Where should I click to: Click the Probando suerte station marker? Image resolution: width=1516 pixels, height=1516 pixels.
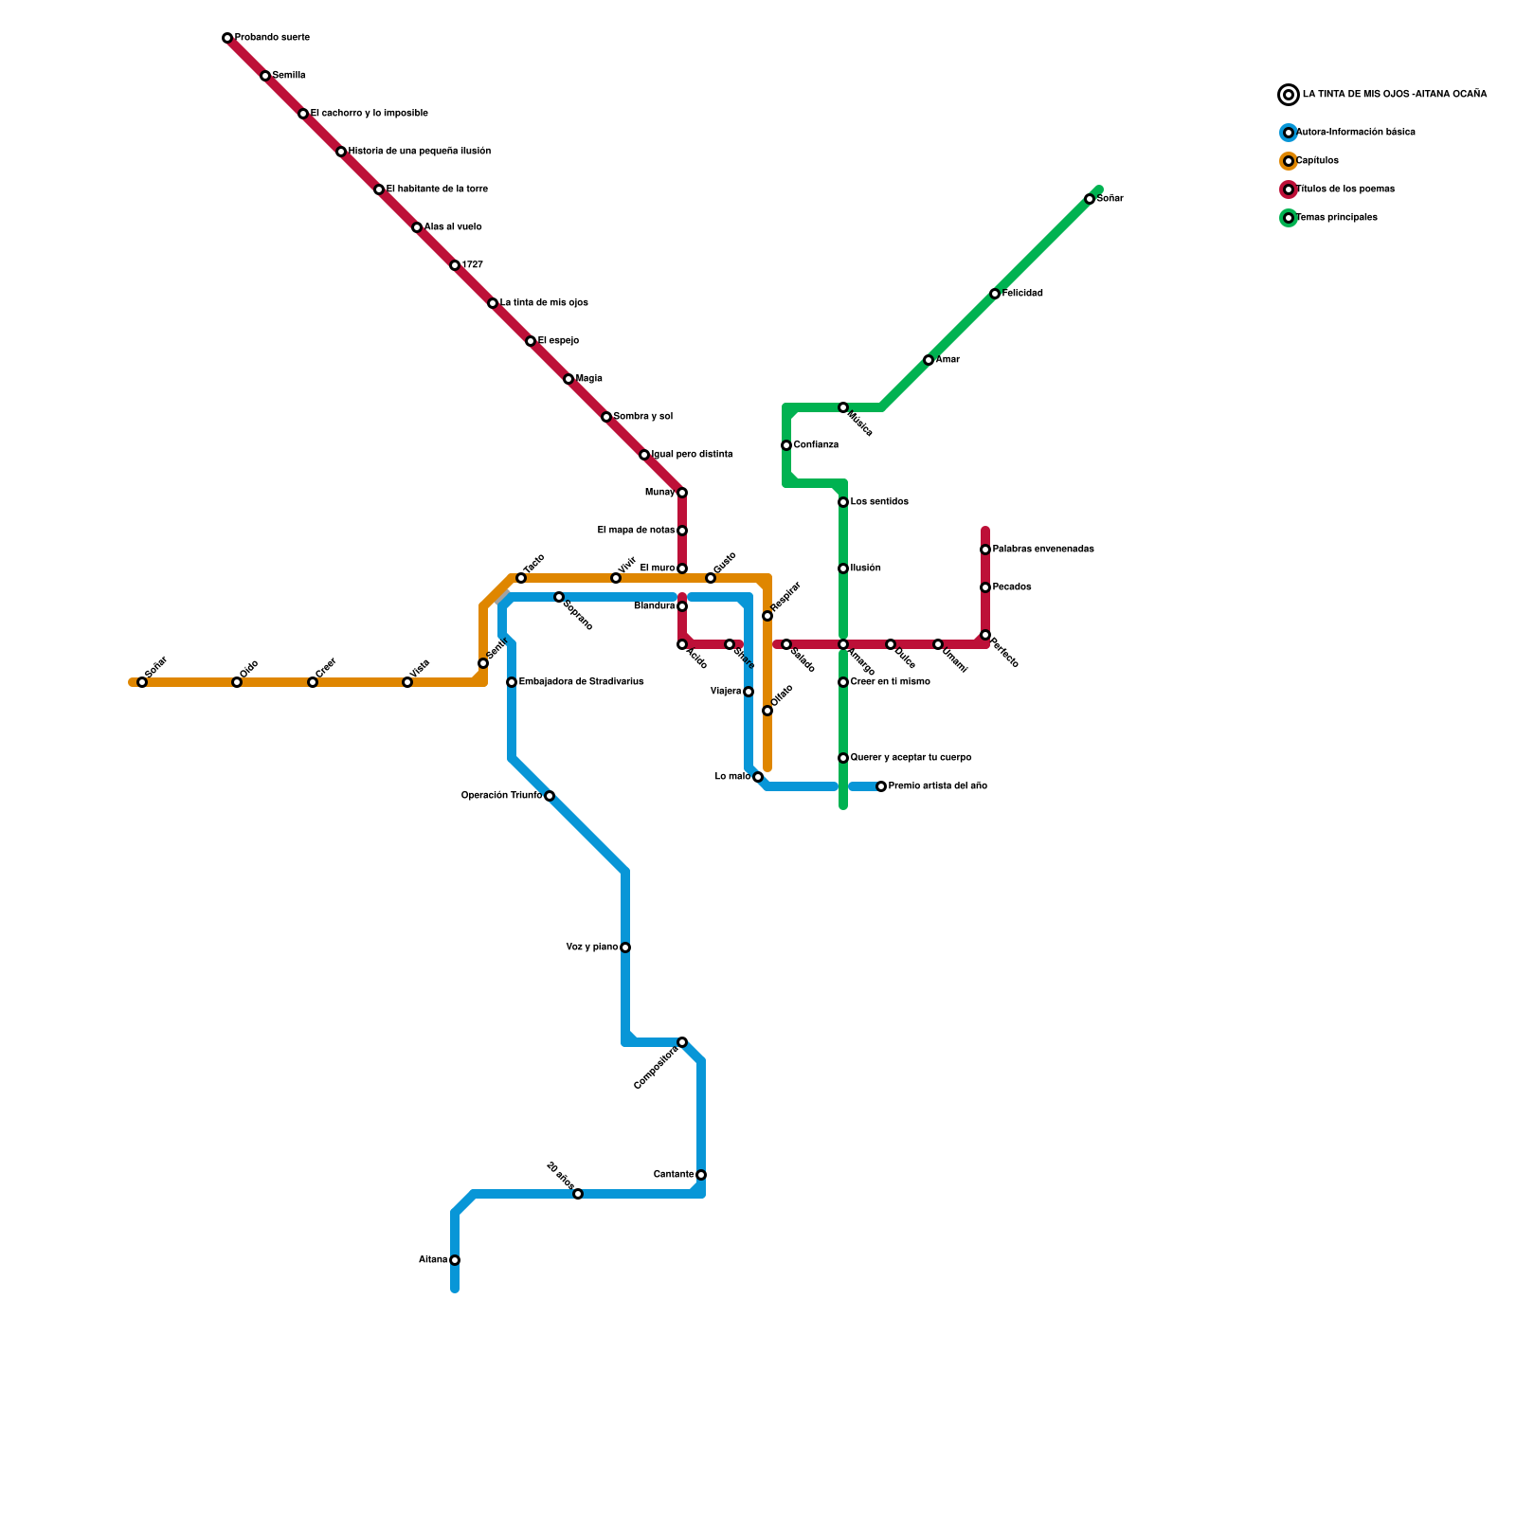point(227,38)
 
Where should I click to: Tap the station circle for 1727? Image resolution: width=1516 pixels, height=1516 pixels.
point(455,265)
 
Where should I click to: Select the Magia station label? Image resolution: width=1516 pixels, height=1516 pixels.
point(589,379)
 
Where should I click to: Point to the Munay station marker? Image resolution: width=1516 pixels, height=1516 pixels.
point(682,493)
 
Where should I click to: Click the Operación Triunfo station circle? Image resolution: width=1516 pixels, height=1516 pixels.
point(550,796)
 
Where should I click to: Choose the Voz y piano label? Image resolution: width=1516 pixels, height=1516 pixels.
point(591,947)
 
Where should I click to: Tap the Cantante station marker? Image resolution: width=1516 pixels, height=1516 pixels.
point(701,1175)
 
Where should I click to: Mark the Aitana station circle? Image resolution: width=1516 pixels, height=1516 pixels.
point(455,1260)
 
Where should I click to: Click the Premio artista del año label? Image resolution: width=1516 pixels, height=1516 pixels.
point(938,786)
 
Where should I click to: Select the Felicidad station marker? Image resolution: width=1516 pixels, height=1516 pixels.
point(995,294)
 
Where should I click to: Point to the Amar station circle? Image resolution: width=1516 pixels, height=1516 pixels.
point(929,360)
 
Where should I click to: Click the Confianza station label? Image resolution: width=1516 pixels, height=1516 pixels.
point(816,445)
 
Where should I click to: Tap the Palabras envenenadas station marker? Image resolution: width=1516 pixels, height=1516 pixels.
point(985,550)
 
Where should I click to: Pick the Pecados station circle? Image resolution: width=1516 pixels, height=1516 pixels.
point(985,587)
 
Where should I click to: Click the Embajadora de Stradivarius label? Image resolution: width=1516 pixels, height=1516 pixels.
point(582,682)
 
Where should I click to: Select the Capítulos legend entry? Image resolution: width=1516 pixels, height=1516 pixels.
point(1317,161)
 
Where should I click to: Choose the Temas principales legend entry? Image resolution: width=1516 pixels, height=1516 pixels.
point(1336,218)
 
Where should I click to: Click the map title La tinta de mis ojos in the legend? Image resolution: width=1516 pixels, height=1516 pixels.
point(1394,95)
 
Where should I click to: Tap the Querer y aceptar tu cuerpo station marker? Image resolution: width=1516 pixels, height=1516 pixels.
point(843,758)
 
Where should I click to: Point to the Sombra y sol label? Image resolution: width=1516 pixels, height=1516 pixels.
point(643,417)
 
